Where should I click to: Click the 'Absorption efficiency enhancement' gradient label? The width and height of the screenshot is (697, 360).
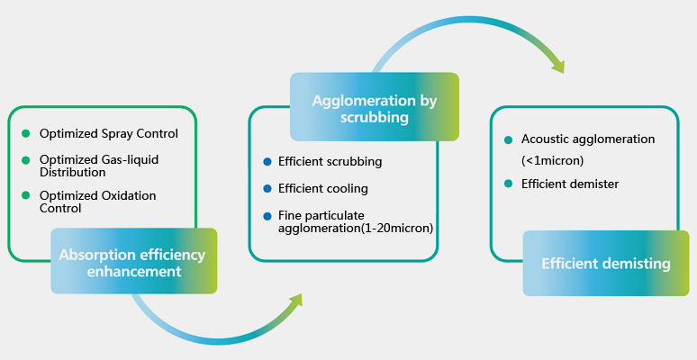coord(133,262)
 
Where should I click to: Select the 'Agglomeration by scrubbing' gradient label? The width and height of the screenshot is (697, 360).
coord(374,108)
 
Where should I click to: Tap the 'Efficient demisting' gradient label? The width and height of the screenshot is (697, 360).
coord(605,264)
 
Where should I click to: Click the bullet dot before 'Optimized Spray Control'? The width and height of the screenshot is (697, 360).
coord(26,133)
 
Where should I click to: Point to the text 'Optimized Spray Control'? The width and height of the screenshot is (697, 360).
coord(108,133)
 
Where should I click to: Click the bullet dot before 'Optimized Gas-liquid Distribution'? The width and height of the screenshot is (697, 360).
coord(26,159)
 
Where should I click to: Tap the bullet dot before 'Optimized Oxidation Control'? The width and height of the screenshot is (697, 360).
coord(26,195)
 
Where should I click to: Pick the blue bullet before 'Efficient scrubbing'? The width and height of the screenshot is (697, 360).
coord(267,162)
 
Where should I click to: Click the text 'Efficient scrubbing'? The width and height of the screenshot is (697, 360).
coord(330,162)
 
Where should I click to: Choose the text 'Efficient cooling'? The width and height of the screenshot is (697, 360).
coord(322,189)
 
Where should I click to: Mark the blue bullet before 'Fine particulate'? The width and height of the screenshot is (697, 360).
coord(267,216)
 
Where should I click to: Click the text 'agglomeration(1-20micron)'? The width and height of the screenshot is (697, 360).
coord(356,229)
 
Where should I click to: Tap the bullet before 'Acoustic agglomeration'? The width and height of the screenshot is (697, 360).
coord(508,139)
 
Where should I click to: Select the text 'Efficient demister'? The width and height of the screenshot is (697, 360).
coord(570,184)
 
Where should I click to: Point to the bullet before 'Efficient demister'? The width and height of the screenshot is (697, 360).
coord(508,184)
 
